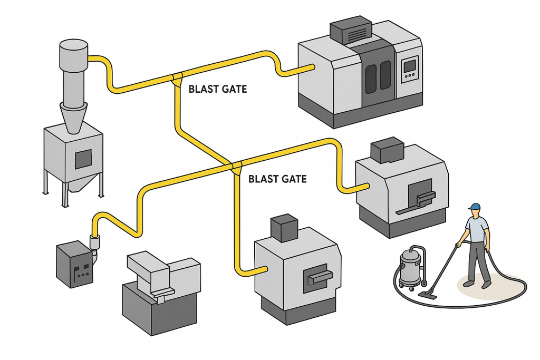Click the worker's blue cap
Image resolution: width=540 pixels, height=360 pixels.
click(474, 207)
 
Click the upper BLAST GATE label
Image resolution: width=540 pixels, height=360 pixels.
click(217, 89)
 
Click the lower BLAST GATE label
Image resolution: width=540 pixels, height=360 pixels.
click(277, 179)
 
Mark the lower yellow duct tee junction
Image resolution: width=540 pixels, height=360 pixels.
click(235, 166)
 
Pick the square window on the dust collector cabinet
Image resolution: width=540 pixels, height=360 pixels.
click(83, 158)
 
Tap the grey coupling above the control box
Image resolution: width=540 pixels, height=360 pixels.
click(95, 242)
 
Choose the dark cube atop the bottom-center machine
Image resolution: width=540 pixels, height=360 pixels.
click(285, 227)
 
